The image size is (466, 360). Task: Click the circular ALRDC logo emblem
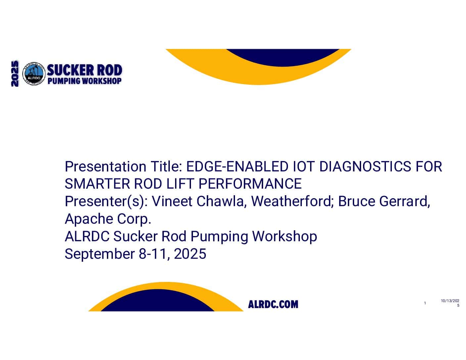coord(34,73)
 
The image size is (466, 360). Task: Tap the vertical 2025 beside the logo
coord(15,73)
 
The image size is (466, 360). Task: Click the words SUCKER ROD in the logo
coord(84,70)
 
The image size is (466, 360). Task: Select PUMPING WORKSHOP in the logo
coord(84,81)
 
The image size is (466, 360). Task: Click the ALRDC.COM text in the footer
coord(273,304)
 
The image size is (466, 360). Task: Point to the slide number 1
coord(425,303)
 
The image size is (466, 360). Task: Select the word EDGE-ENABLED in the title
coord(237,166)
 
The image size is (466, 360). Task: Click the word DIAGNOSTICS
coord(365,166)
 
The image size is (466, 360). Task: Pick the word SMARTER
coord(97,184)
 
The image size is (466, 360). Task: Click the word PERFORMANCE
coord(250,184)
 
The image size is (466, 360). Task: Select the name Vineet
coord(172,201)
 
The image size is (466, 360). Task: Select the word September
coord(100,254)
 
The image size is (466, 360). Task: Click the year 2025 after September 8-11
coord(190,254)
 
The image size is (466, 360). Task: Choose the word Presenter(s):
coord(106,202)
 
